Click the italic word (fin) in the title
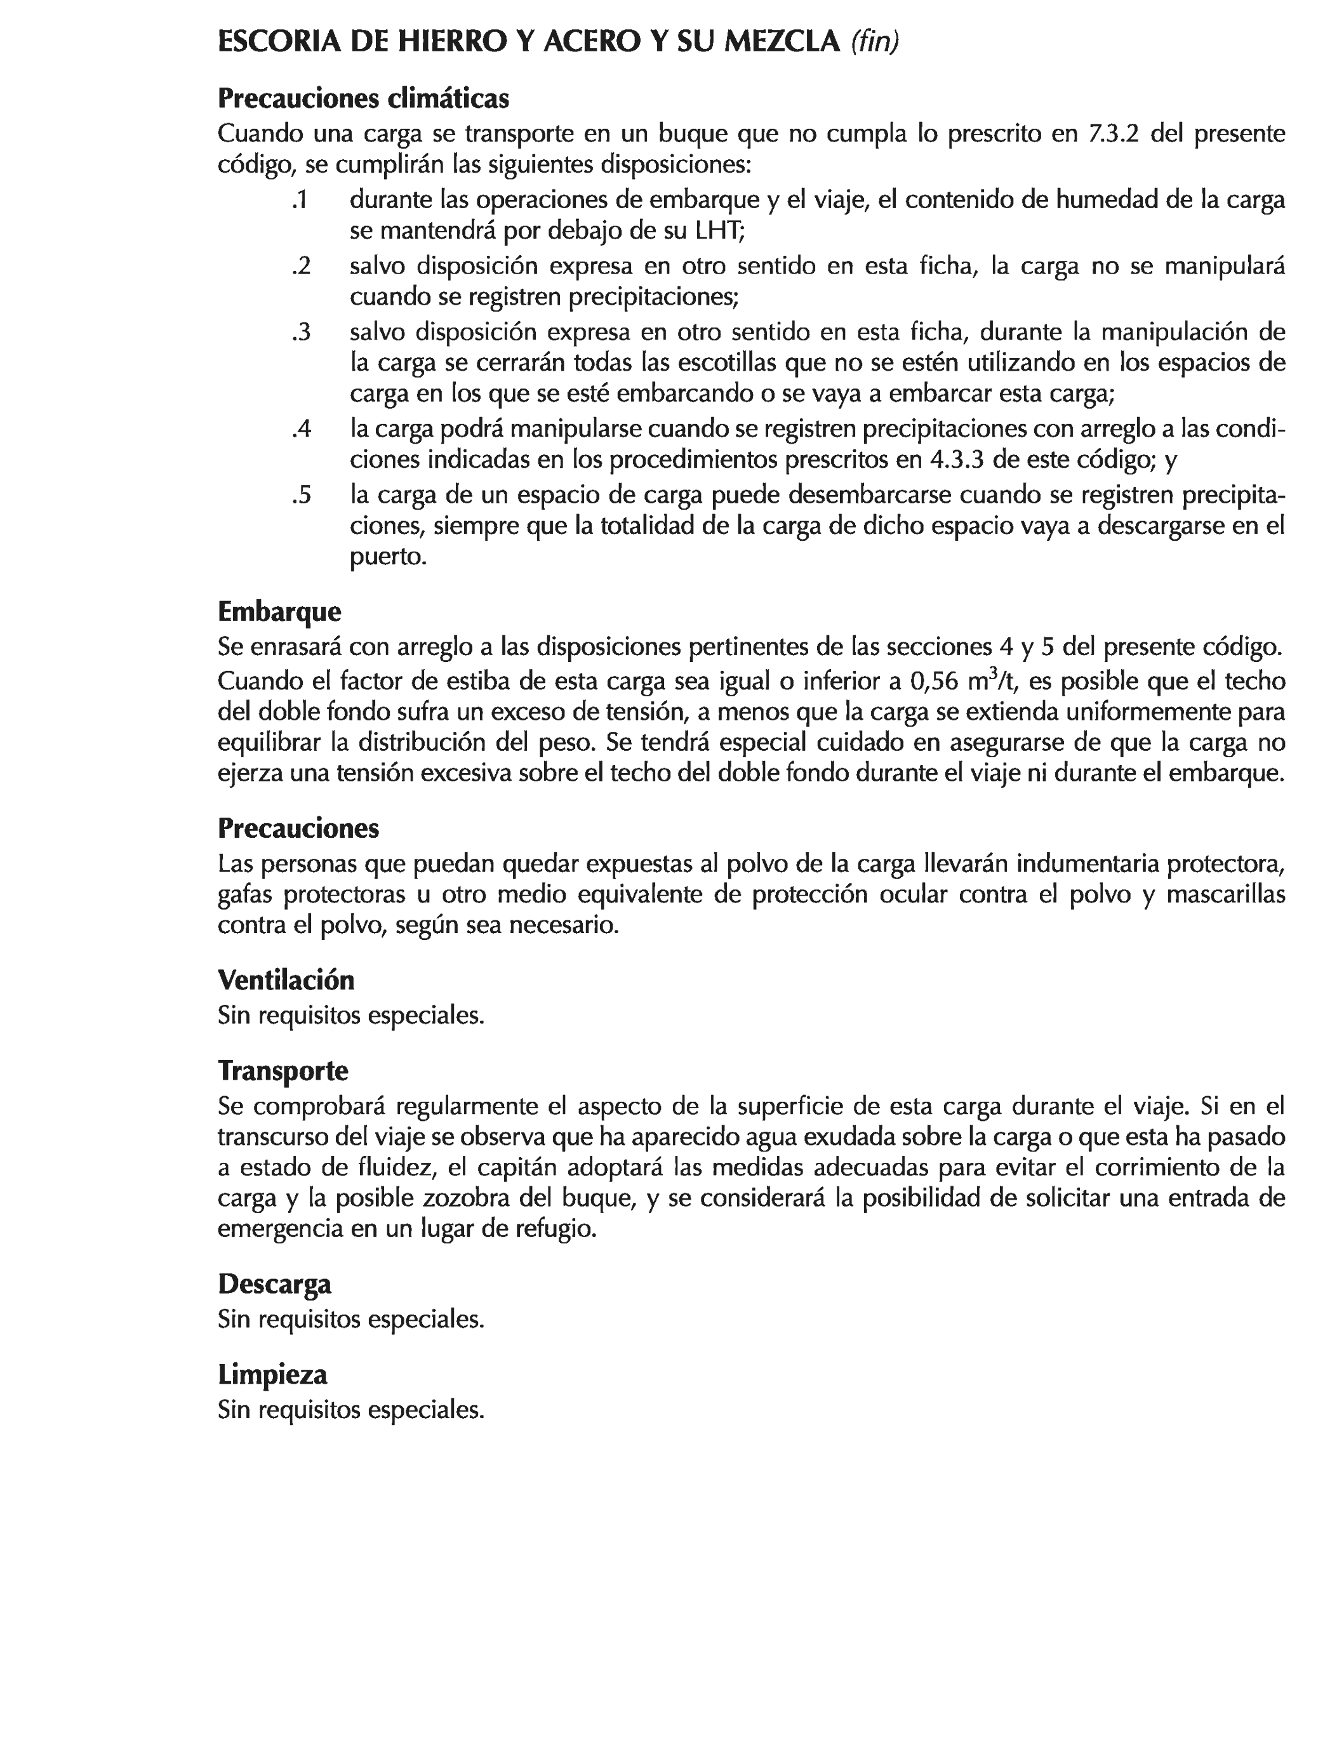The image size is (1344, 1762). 874,43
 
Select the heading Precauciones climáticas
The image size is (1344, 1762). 363,98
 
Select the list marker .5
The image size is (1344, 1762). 301,496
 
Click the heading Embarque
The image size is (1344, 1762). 279,612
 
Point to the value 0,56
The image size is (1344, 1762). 935,682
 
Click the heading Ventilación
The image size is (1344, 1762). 286,980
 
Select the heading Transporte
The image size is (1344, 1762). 283,1070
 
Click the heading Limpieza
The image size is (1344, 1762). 273,1375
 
